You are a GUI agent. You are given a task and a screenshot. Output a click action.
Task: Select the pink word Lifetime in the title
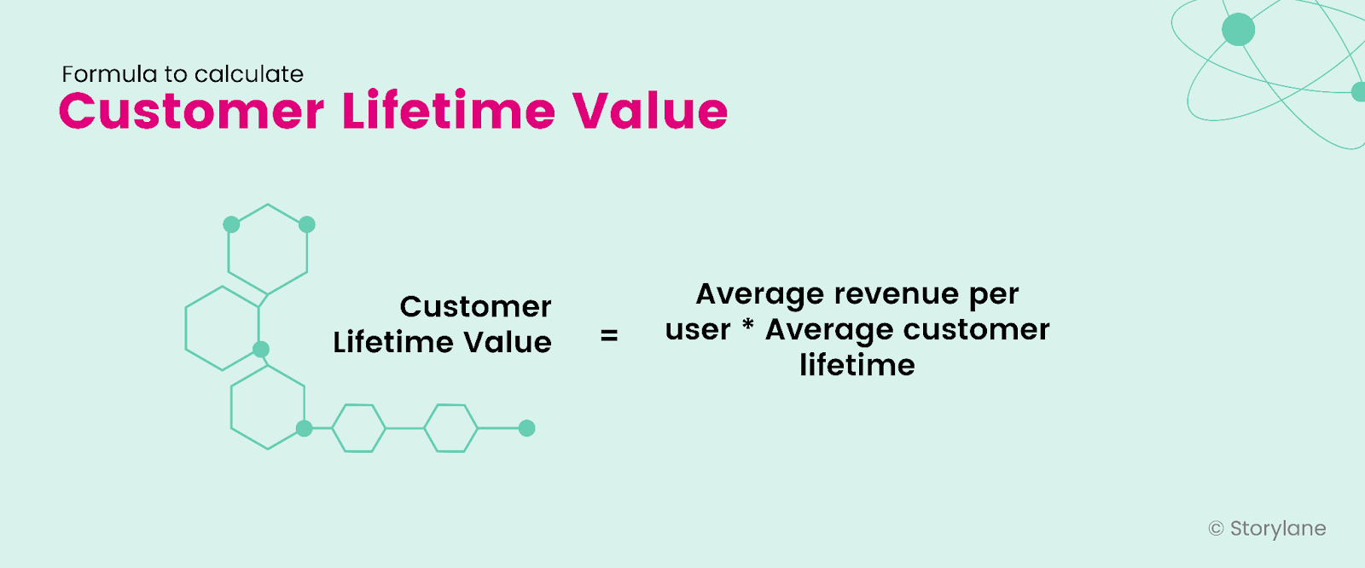tap(449, 112)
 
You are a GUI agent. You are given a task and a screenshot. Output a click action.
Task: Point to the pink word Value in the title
tap(650, 112)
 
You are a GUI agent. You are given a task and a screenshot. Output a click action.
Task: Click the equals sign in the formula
tap(609, 336)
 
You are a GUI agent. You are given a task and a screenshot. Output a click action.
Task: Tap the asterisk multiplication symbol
tap(748, 327)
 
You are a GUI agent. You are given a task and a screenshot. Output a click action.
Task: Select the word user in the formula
tap(698, 330)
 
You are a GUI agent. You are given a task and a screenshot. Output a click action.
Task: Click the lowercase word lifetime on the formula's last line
tap(857, 365)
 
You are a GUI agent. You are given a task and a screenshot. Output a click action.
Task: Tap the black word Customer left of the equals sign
tap(475, 307)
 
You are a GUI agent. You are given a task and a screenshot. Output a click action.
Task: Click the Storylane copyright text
tap(1277, 529)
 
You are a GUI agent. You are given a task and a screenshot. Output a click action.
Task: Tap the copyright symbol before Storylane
tap(1216, 529)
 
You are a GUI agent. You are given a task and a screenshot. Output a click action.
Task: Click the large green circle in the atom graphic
tap(1238, 30)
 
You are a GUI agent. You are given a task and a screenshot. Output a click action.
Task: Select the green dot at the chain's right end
tap(527, 428)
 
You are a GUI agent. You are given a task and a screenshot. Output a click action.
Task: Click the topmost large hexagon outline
tap(268, 249)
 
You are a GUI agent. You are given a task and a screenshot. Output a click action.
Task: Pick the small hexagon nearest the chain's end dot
tap(450, 428)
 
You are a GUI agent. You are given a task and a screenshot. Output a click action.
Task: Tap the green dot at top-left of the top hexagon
tap(231, 224)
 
